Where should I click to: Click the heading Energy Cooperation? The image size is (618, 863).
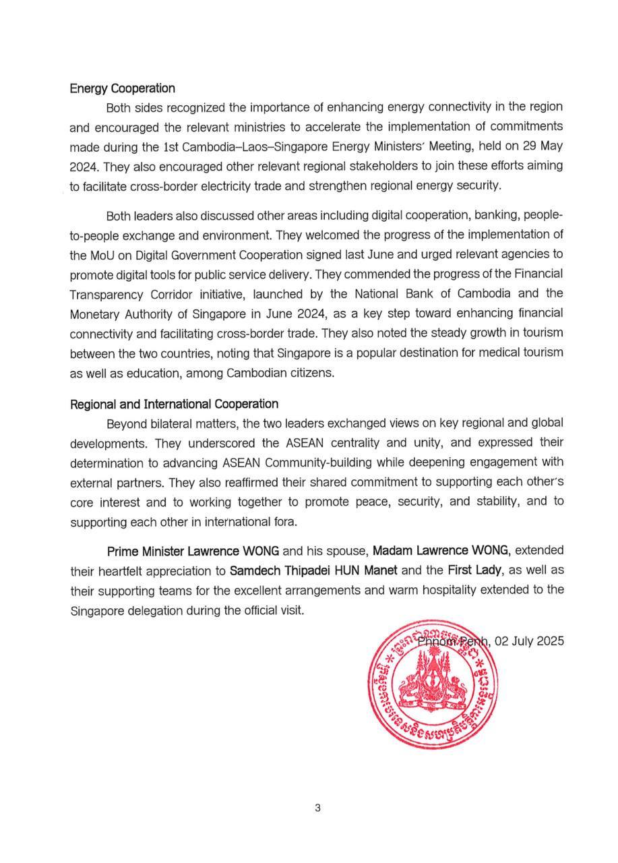point(122,88)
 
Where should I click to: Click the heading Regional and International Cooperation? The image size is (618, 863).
point(174,404)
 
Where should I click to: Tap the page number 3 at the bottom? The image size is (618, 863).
point(317,808)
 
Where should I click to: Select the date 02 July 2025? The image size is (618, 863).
point(529,641)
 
